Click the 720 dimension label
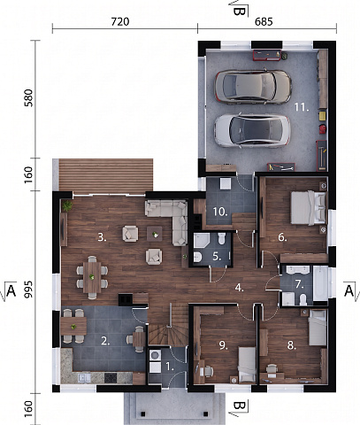coord(120,21)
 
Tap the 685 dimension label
coord(264,21)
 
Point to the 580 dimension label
coord(28,97)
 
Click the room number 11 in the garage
coord(301,107)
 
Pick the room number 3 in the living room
coord(102,237)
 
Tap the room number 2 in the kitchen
coord(105,341)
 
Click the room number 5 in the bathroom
coord(217,257)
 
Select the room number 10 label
coord(220,212)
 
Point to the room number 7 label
coord(300,284)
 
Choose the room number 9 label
coord(224,345)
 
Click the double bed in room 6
coord(308,208)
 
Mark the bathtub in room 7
coord(320,283)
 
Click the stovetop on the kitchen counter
coord(111,378)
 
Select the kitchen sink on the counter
coord(84,378)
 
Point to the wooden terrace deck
coord(106,176)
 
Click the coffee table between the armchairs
coord(155,234)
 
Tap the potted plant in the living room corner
coord(67,205)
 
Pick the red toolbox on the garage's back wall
coord(267,56)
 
